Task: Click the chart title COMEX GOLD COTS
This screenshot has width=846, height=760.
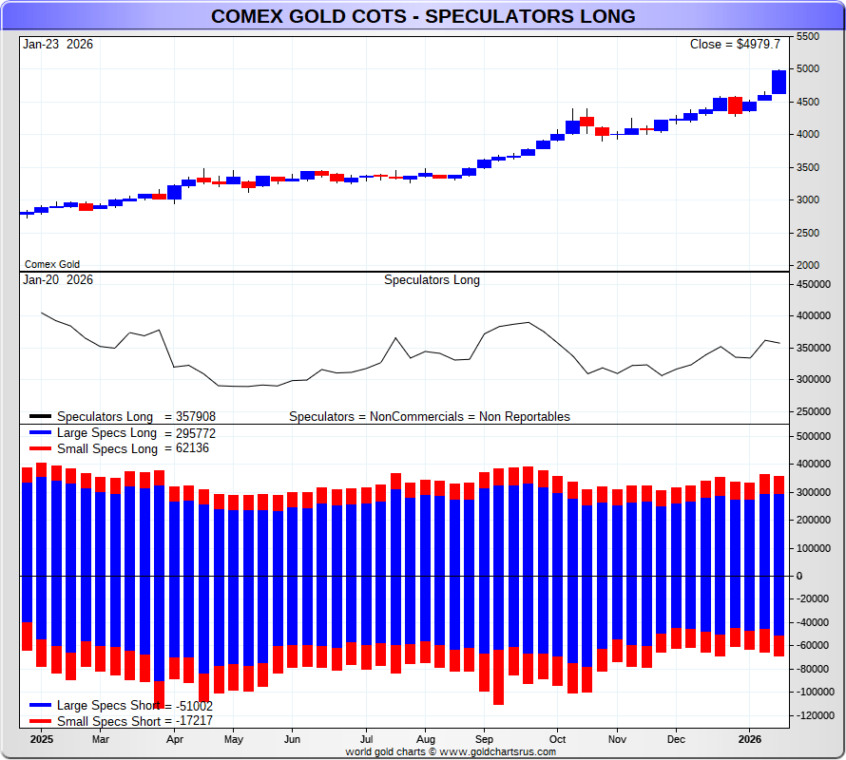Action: [x=423, y=17]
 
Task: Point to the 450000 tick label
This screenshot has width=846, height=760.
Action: [x=815, y=284]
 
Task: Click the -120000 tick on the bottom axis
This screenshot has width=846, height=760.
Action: [x=817, y=715]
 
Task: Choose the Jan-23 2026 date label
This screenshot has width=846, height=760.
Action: [x=58, y=45]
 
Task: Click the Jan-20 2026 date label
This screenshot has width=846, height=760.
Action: [x=58, y=280]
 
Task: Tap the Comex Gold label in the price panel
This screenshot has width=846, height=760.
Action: [x=52, y=265]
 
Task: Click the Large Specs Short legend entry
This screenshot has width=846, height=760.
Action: [x=121, y=706]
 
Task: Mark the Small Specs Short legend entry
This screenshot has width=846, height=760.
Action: [x=121, y=722]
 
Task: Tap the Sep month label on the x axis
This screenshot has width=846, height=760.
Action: [x=484, y=739]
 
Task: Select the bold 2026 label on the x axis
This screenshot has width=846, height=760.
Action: [x=750, y=739]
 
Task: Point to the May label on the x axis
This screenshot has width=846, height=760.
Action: [x=234, y=739]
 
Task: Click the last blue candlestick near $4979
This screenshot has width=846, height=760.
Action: [x=779, y=82]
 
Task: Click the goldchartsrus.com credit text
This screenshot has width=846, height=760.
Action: [x=451, y=751]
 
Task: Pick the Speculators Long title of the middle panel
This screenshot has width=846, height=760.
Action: [x=432, y=280]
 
